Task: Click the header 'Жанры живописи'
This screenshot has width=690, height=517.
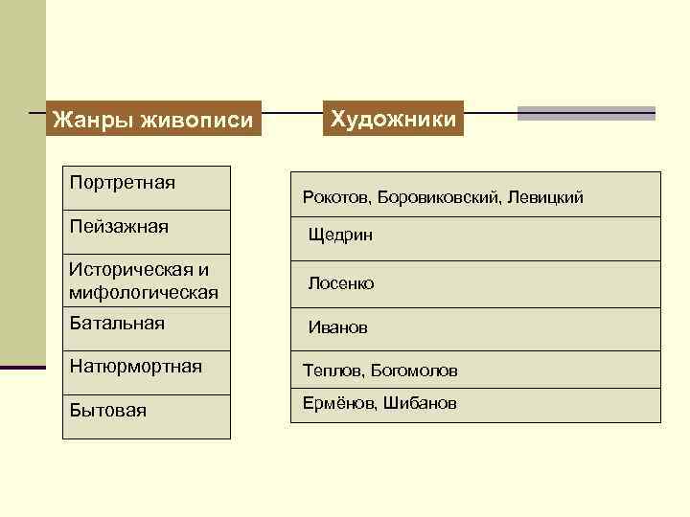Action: pos(153,121)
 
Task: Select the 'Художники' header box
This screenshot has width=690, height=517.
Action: pos(394,119)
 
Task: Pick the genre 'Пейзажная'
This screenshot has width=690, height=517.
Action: pos(119,227)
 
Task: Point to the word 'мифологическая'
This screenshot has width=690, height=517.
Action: pos(143,291)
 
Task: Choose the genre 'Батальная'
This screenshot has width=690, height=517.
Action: pos(117,323)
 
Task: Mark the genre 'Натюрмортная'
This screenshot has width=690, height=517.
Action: pos(135,365)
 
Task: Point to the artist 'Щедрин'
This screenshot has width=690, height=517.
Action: pos(340,235)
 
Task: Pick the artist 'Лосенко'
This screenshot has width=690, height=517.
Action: pos(341,283)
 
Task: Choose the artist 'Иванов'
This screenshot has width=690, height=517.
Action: pos(337,327)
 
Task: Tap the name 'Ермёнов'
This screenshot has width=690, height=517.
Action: pos(338,403)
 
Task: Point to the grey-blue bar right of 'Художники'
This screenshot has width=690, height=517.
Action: pos(586,113)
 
